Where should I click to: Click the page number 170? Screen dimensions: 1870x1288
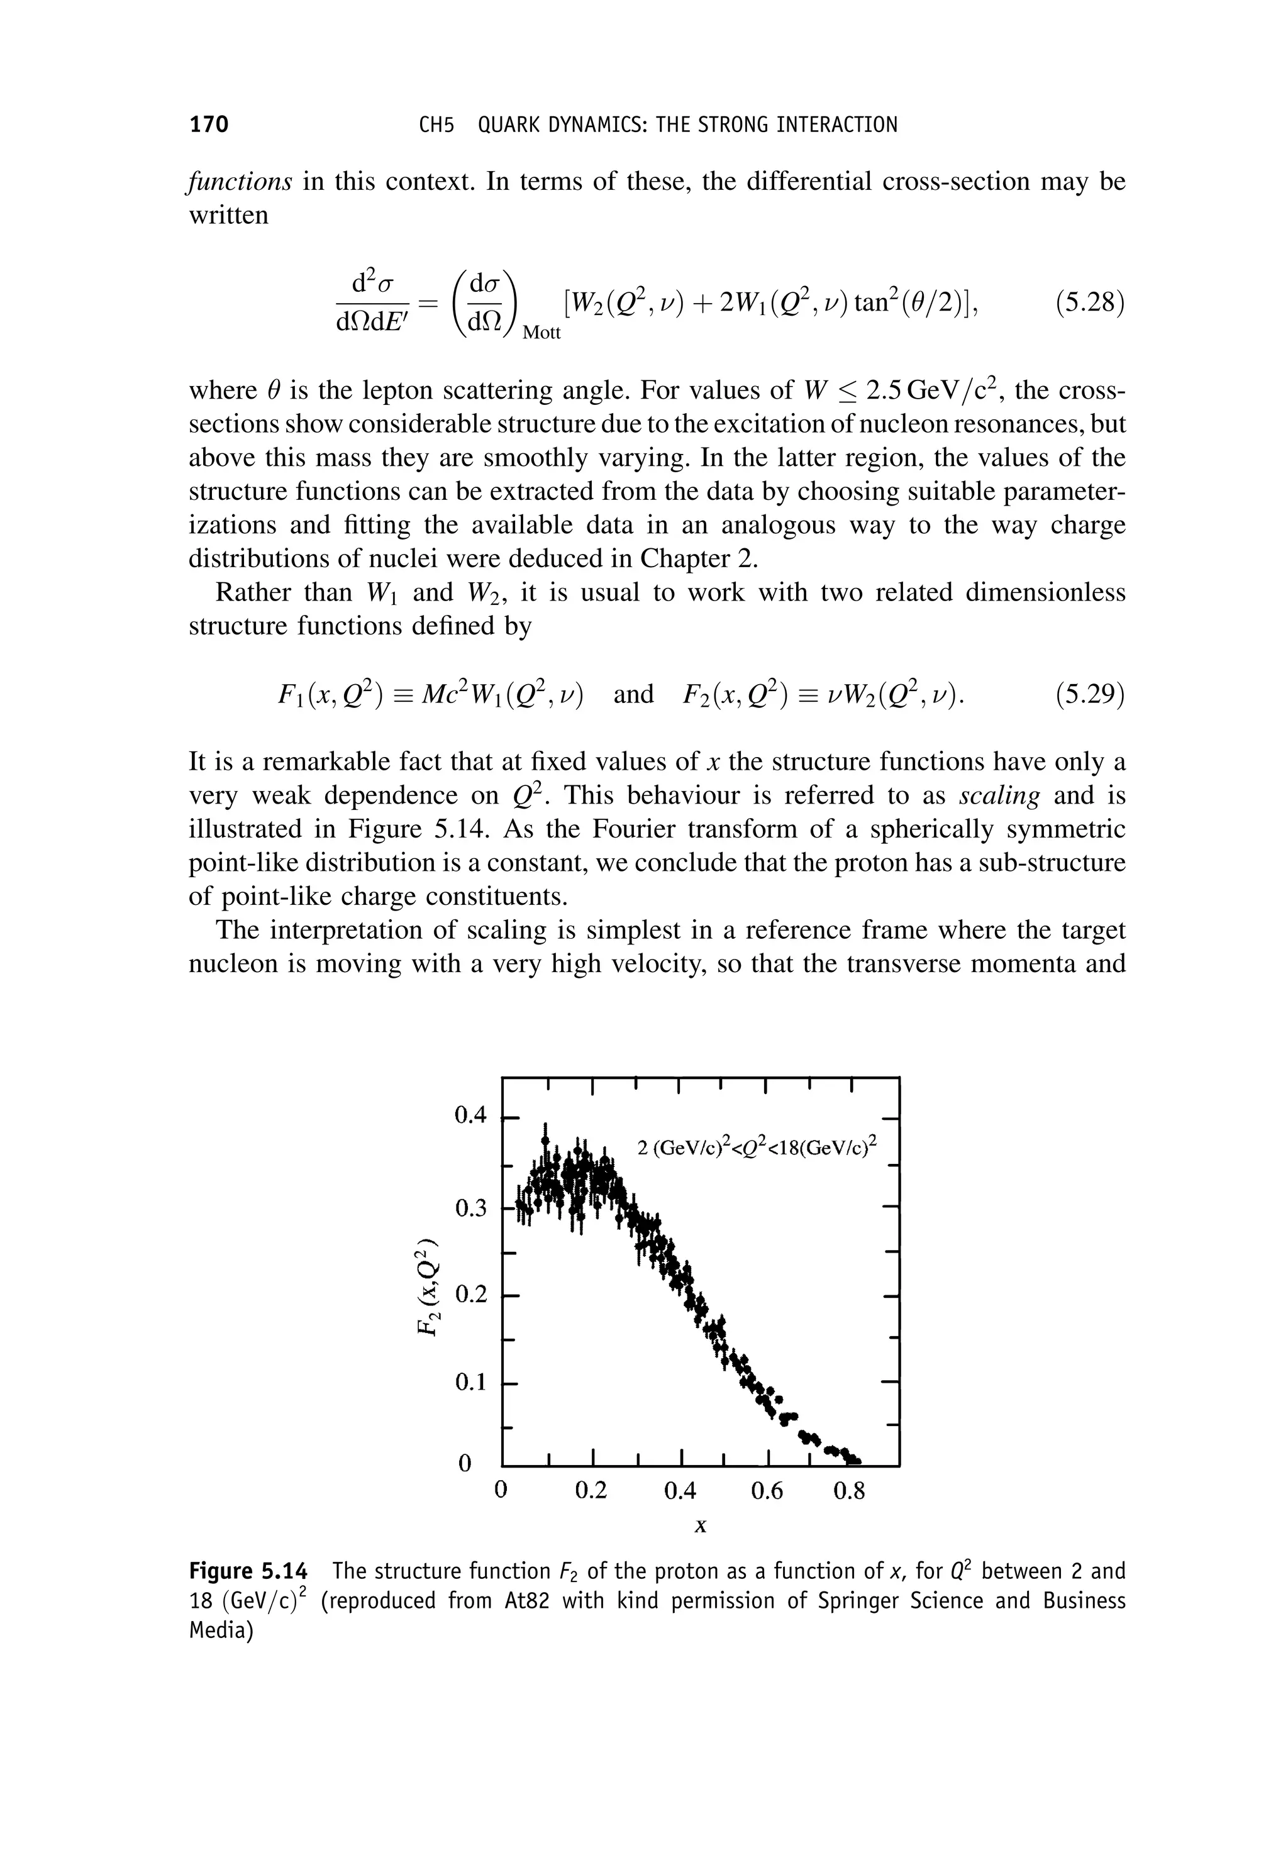click(209, 124)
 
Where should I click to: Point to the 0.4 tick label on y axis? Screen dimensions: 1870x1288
click(471, 1117)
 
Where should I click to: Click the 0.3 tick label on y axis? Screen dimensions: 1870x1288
click(471, 1208)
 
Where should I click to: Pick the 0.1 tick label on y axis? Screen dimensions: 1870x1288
click(471, 1383)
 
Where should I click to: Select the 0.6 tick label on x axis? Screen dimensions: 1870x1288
click(767, 1491)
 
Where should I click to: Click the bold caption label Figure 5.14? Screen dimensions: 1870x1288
click(248, 1571)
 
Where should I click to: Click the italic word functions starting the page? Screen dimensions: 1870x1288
click(240, 182)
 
